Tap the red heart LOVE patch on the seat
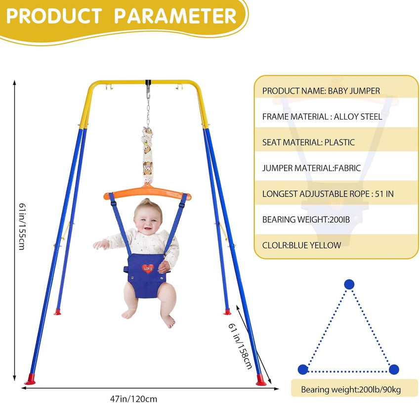tap(148, 269)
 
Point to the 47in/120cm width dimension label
tap(134, 398)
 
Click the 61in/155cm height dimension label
tap(21, 226)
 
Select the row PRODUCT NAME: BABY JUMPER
tap(321, 91)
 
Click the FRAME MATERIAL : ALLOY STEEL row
tap(322, 117)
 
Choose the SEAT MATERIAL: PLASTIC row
tap(308, 142)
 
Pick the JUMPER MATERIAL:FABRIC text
tap(312, 168)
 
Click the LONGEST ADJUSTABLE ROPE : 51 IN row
tap(328, 194)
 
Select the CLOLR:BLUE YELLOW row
tap(301, 245)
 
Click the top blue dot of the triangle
tap(349, 284)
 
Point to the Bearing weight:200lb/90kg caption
tap(351, 390)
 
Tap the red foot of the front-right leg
tap(260, 380)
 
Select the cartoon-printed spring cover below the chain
tap(147, 153)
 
